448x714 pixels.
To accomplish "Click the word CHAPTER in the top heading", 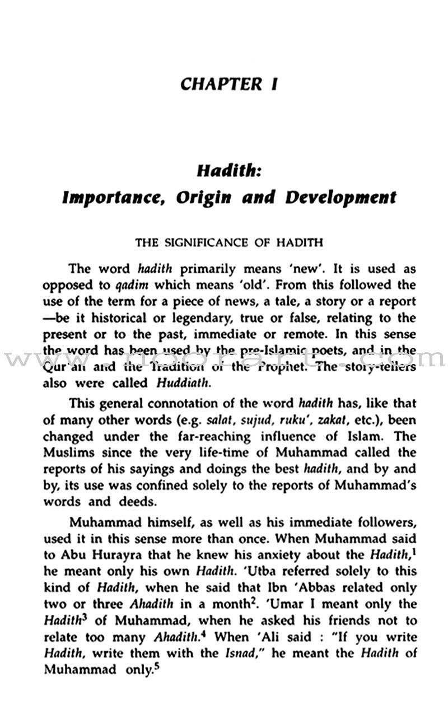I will click(x=214, y=84).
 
